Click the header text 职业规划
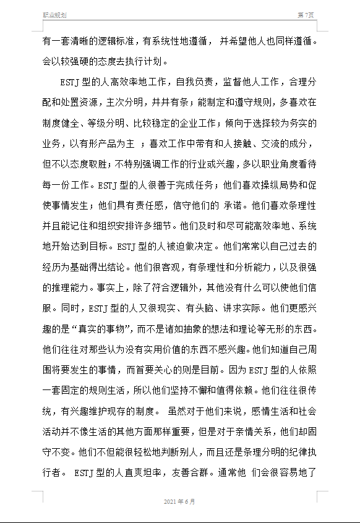point(54,15)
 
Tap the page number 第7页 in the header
point(306,15)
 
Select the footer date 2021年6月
point(179,501)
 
